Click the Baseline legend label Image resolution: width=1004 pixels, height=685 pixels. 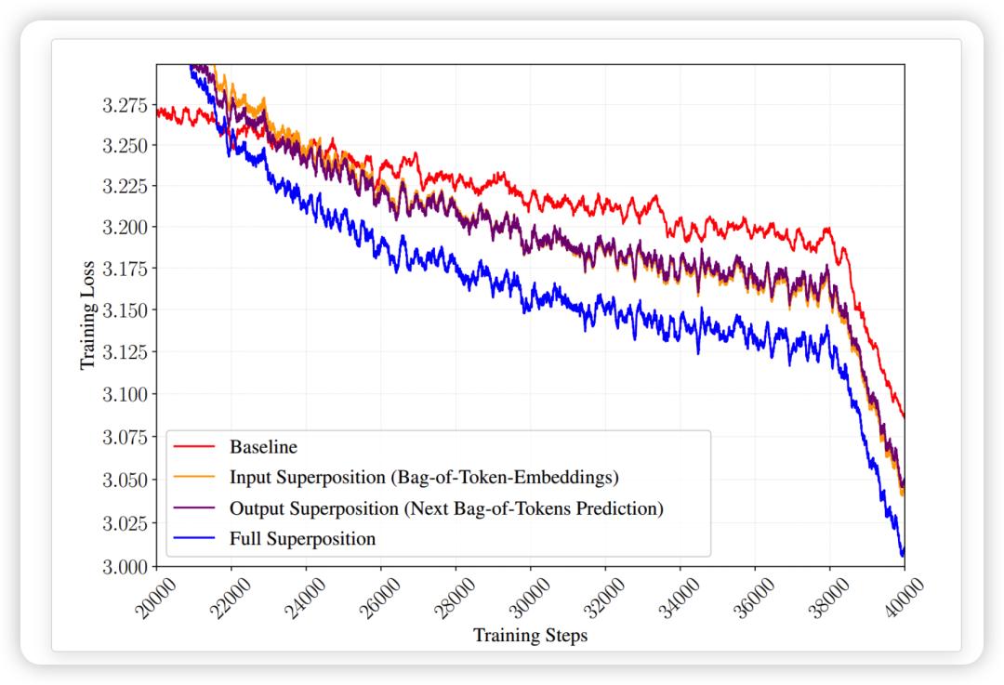(263, 447)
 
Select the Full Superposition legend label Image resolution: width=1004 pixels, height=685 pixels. (302, 539)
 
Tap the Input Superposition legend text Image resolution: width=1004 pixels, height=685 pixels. (424, 478)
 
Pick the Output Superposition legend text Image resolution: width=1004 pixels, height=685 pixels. (446, 508)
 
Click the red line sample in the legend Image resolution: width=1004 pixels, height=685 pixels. (194, 446)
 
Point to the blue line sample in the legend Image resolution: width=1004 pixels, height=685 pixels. (194, 538)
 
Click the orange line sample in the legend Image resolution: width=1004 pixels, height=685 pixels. (194, 477)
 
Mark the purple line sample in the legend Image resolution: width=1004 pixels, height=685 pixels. (194, 507)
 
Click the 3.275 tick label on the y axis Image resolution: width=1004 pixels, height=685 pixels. (125, 105)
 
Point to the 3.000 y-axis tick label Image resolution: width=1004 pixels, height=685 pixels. (125, 567)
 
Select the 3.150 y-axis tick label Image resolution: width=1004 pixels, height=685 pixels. (125, 310)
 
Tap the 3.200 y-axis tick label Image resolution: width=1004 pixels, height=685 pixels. (125, 228)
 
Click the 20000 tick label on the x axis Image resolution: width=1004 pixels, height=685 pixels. (155, 598)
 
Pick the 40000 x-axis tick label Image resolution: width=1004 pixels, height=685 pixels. (904, 598)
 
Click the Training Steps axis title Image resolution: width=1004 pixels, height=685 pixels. (530, 636)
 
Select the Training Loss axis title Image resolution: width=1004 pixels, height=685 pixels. (87, 315)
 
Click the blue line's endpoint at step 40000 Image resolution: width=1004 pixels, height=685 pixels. (904, 554)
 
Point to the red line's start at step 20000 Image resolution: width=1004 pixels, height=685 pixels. (157, 111)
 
